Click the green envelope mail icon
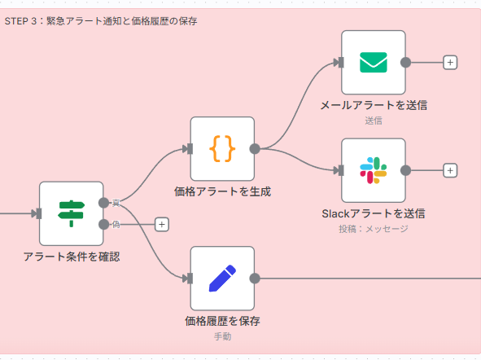373,62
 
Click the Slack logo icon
373,170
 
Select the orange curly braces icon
222,148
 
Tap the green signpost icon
72,213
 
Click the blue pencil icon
222,278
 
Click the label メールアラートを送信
374,105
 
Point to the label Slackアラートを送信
374,213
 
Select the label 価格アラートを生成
222,192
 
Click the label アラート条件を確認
72,257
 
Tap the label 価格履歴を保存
222,321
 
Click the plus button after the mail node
450,62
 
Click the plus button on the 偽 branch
161,224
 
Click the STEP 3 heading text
101,20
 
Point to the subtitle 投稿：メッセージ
374,229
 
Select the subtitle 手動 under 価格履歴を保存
222,336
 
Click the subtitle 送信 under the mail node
374,121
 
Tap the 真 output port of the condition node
103,203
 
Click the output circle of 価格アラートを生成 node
255,148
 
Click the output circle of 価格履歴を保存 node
255,278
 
